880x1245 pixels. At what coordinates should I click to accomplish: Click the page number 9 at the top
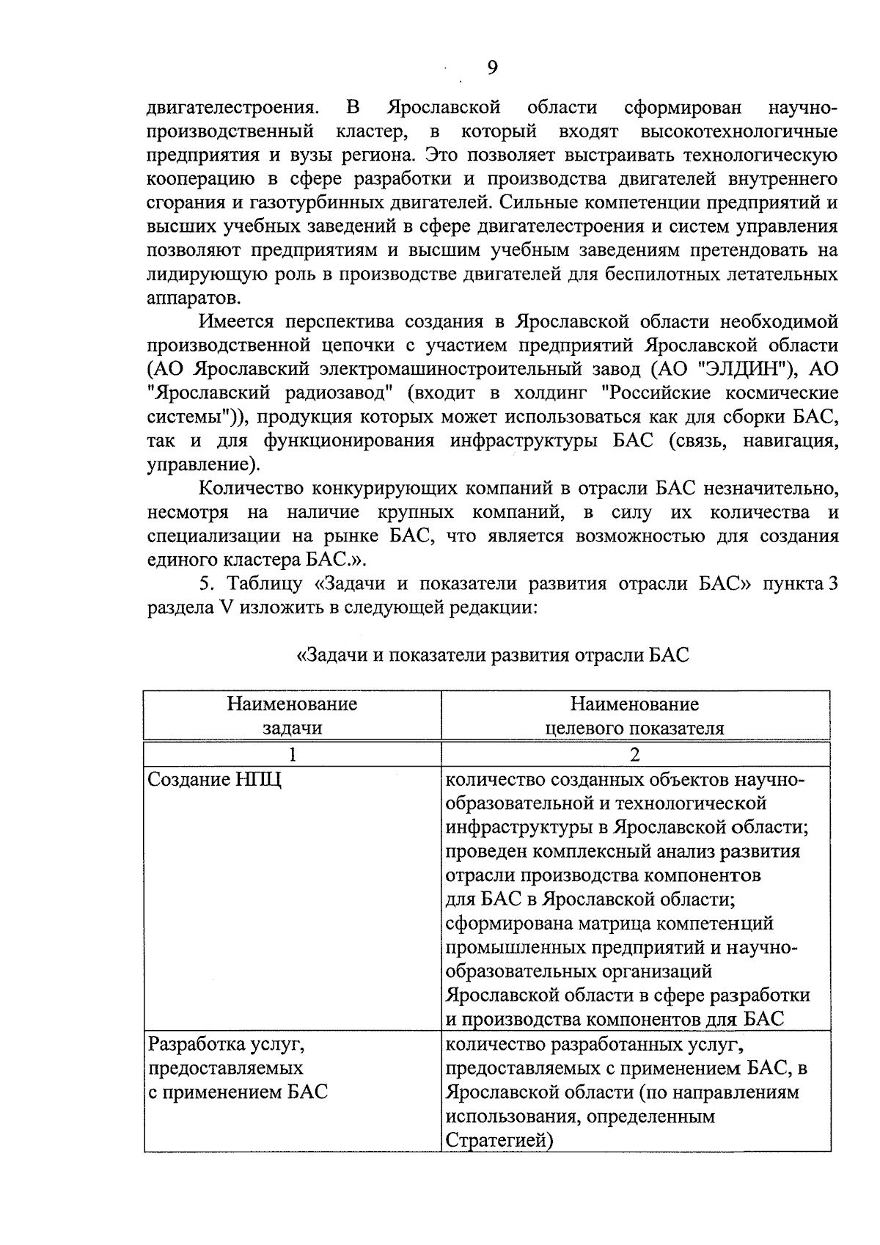pyautogui.click(x=492, y=67)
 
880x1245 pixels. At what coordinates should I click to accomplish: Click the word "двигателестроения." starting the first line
pyautogui.click(x=233, y=109)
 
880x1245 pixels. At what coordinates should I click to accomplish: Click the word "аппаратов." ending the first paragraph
pyautogui.click(x=191, y=298)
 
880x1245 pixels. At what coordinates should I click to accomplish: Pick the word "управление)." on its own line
pyautogui.click(x=203, y=464)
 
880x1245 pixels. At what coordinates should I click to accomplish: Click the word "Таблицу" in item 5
pyautogui.click(x=266, y=584)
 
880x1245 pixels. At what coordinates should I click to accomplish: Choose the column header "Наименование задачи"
pyautogui.click(x=292, y=716)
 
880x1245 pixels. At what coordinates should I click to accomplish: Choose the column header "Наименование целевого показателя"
pyautogui.click(x=634, y=716)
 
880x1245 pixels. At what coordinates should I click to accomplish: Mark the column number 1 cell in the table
pyautogui.click(x=292, y=755)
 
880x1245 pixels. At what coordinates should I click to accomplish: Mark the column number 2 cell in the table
pyautogui.click(x=634, y=755)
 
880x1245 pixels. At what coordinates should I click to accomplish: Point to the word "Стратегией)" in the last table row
pyautogui.click(x=499, y=1142)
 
